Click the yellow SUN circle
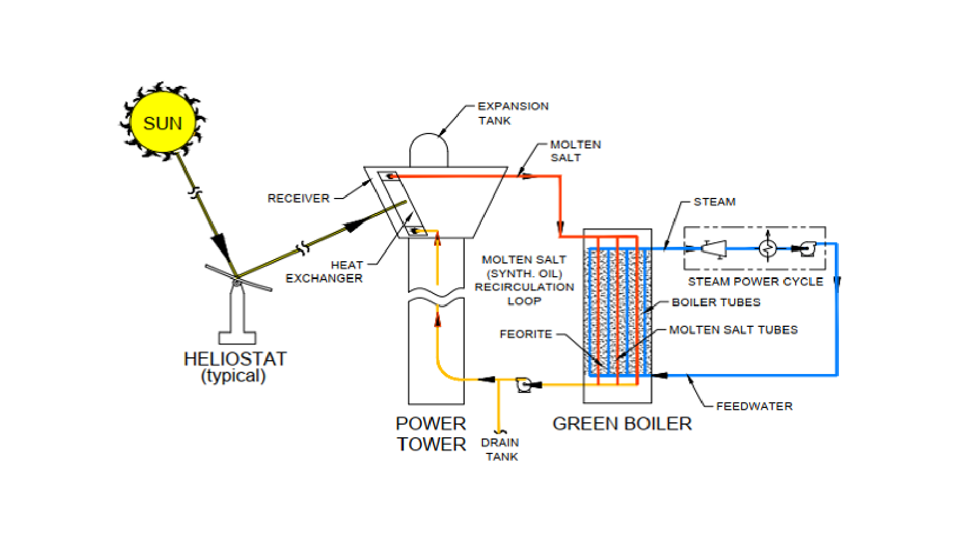coord(162,123)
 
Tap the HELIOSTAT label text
coord(234,359)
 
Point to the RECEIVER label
coord(298,199)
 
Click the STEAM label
coord(714,202)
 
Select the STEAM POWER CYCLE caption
coord(755,281)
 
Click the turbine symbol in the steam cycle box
coord(714,249)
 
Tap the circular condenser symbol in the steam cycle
coord(768,249)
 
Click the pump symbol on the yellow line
coord(525,384)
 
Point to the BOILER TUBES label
coord(716,302)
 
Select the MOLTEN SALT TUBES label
coord(733,330)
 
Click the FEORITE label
coord(525,334)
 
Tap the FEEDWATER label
coord(754,406)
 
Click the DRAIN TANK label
coord(500,449)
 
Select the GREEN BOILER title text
coord(621,423)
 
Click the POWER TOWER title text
coord(431,434)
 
